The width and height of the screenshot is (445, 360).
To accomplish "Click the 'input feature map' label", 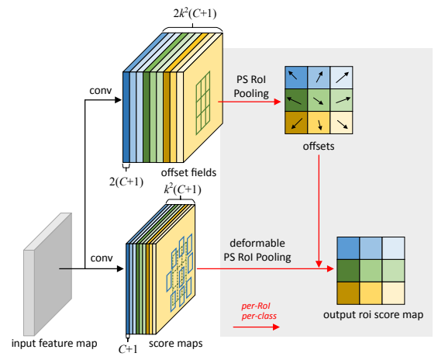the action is [x=54, y=343].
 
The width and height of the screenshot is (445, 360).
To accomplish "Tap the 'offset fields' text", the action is [x=188, y=172].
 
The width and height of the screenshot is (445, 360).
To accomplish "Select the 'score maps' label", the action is [x=176, y=343].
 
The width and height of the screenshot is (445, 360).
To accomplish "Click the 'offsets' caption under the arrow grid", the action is [x=319, y=146].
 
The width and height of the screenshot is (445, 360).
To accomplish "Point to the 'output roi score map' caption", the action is [x=373, y=314].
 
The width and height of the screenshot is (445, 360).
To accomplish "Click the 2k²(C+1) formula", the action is [x=195, y=13].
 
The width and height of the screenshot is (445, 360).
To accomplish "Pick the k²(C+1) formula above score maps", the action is [x=183, y=189].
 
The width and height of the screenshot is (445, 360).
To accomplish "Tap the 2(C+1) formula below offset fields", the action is [x=126, y=182].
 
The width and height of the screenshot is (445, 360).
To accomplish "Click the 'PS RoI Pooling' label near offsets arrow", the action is [x=251, y=86].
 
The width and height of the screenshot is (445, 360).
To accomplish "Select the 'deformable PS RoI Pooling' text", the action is [x=257, y=250].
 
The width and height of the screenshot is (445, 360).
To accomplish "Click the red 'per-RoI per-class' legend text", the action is [x=259, y=311].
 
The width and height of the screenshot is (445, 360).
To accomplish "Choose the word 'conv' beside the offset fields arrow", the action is [x=101, y=91].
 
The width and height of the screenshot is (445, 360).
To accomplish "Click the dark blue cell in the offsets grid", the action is [x=296, y=78].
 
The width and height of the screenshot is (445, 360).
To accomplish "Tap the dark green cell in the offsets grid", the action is [x=296, y=100].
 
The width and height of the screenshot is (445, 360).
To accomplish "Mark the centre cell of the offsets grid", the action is [x=319, y=100].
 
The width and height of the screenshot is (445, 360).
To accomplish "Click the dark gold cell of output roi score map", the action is [x=348, y=293].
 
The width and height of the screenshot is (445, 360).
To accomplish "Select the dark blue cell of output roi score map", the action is [x=348, y=248].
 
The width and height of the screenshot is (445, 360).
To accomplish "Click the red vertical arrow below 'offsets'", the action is [x=319, y=211].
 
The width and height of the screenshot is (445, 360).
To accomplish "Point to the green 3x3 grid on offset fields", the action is [x=203, y=103].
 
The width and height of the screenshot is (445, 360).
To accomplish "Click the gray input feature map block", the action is [x=48, y=274].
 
